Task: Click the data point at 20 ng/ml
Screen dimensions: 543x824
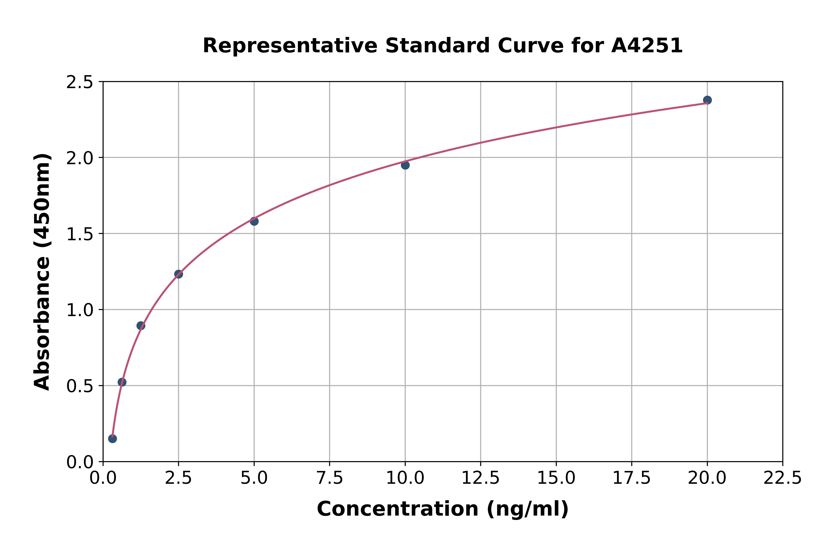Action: pos(707,100)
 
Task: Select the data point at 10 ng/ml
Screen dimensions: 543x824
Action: pos(405,165)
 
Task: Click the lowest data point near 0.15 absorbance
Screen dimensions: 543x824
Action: pos(112,439)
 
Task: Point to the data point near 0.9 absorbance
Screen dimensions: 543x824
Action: pos(141,325)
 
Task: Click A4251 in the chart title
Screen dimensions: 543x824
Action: pos(647,46)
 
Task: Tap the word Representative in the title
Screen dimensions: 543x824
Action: pos(289,46)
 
